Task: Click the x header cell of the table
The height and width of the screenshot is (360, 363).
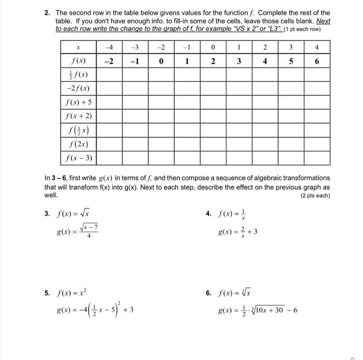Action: (78, 48)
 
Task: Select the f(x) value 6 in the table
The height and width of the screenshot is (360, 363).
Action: (316, 61)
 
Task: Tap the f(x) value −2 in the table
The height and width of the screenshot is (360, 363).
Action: (109, 61)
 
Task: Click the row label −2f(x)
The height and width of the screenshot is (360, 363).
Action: (78, 89)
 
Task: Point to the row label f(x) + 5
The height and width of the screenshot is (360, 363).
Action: (78, 102)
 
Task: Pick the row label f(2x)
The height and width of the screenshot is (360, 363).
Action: (78, 143)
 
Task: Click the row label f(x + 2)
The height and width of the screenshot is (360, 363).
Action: (78, 116)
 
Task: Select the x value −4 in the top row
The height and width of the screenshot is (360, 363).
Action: (109, 48)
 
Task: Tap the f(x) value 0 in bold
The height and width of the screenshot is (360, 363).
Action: (161, 61)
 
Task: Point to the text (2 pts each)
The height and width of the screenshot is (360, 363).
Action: (315, 196)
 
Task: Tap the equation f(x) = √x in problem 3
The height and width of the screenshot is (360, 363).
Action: (72, 214)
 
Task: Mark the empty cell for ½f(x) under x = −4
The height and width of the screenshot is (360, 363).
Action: (109, 75)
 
